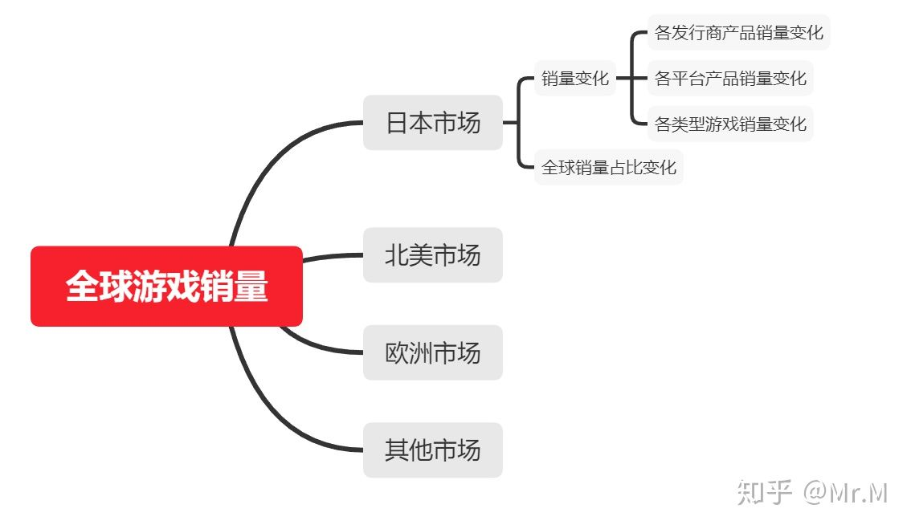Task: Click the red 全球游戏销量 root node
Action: (166, 287)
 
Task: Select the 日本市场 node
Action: (432, 123)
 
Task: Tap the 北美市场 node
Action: (432, 255)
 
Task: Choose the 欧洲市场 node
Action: (432, 352)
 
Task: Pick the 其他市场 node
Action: (432, 450)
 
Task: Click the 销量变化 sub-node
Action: (575, 79)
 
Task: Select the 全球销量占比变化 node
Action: (609, 167)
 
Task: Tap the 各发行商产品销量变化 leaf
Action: (738, 33)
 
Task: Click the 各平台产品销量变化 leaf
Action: (730, 79)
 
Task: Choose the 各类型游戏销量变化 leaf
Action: (730, 124)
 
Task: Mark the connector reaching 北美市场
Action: (333, 257)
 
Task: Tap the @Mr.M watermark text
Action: (844, 491)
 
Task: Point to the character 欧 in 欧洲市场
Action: (398, 352)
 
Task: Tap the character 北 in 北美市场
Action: (398, 255)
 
